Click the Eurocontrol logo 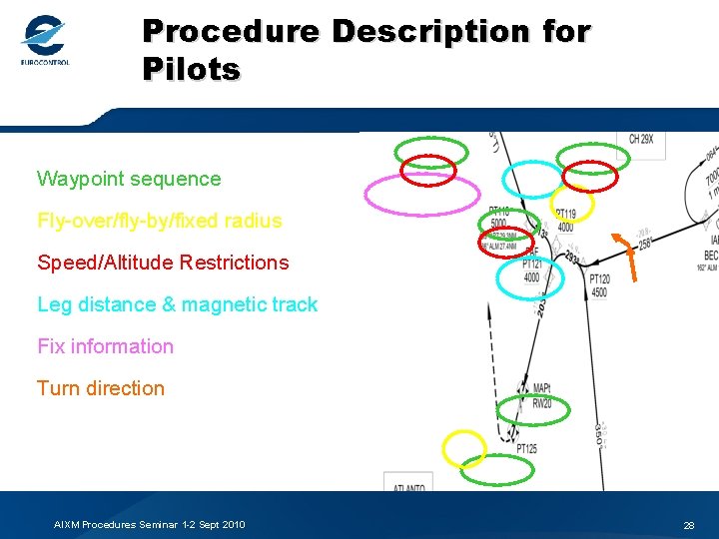[45, 42]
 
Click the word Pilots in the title [191, 70]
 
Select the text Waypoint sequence [129, 180]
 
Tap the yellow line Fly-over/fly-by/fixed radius [159, 221]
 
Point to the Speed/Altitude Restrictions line [163, 263]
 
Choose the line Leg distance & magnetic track [177, 304]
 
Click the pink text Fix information [105, 346]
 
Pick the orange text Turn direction [101, 388]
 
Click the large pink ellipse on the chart [407, 196]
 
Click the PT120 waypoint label [599, 280]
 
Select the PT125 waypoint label [526, 449]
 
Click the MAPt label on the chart [542, 388]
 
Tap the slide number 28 [688, 525]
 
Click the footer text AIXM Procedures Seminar [150, 525]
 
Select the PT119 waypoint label [565, 214]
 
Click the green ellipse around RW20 [536, 408]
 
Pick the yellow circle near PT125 [464, 449]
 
